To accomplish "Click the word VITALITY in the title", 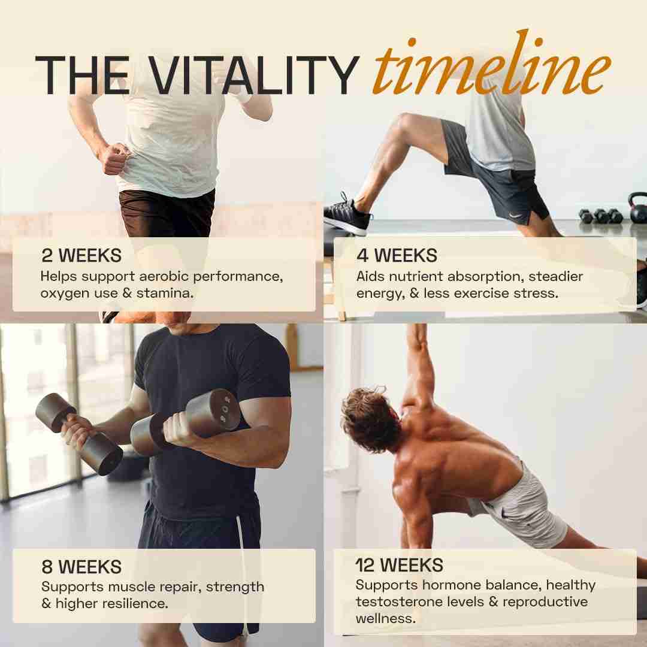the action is (253, 75).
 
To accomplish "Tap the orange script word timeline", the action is (492, 64).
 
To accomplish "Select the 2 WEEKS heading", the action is (81, 255).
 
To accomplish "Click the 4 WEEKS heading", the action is (397, 255).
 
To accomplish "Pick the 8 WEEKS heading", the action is (81, 567).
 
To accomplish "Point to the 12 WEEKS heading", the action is (400, 566).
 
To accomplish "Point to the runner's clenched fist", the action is (114, 158).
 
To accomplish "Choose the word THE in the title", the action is (83, 75).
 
